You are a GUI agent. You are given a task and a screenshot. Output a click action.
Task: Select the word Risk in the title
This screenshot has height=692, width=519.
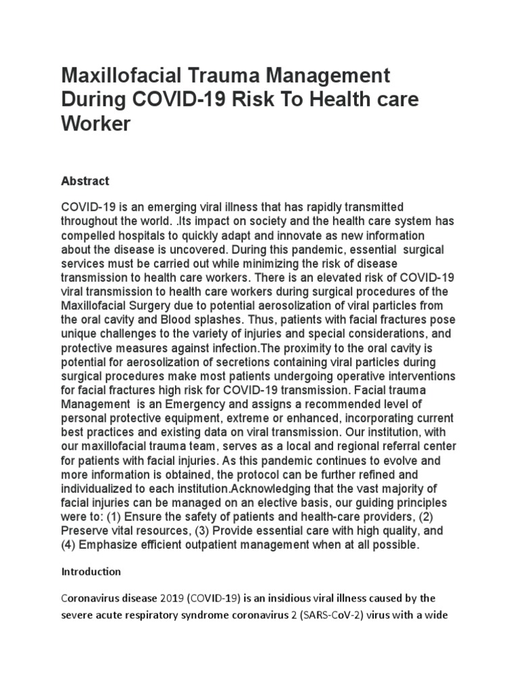pyautogui.click(x=261, y=100)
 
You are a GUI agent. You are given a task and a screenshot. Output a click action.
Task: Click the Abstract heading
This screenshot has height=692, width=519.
pyautogui.click(x=85, y=181)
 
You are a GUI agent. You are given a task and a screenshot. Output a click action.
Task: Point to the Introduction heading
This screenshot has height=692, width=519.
pyautogui.click(x=91, y=572)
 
